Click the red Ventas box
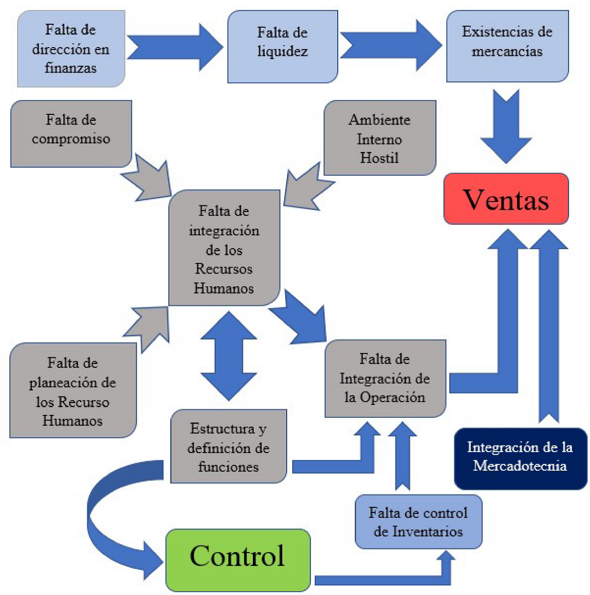coord(506,199)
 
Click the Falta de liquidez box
coord(282,47)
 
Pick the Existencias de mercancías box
coord(507,46)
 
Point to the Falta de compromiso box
coord(71,134)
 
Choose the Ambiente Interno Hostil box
coord(380,138)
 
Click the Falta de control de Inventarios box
coord(419,522)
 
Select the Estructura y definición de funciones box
coord(229,446)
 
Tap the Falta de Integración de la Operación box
coord(385,379)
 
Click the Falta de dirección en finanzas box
coord(71,49)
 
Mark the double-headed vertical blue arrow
coord(229,356)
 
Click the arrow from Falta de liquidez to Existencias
coord(391,45)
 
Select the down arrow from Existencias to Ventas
coord(506,126)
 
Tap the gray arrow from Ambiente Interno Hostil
coord(309,186)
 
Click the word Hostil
coord(380,158)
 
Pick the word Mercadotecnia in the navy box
coord(520,466)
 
